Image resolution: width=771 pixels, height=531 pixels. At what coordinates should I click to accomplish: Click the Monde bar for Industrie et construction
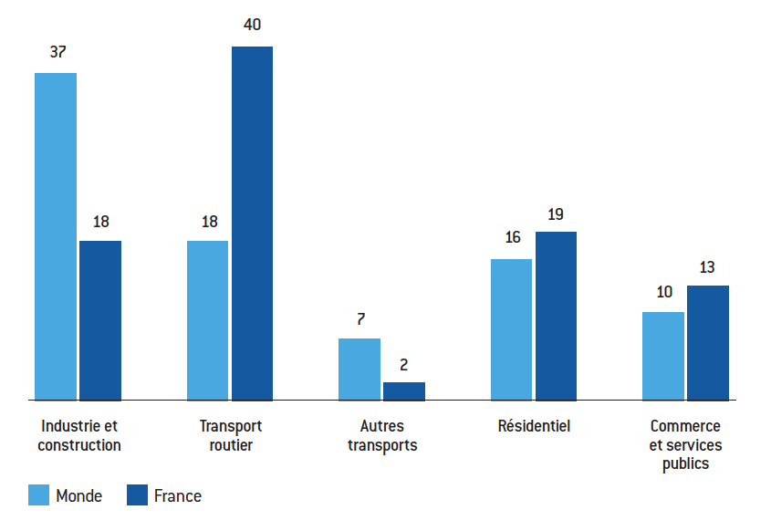(56, 236)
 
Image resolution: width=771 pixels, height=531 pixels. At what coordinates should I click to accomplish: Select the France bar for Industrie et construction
(100, 320)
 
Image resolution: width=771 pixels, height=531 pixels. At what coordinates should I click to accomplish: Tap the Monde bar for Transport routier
(207, 320)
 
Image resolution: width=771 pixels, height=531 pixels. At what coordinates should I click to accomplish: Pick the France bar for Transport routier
(252, 224)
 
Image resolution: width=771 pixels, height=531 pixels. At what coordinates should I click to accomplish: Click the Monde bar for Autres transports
(359, 370)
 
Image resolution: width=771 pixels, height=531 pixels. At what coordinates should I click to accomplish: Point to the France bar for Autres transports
(404, 391)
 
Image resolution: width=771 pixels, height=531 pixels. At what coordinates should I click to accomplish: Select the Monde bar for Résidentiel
(511, 329)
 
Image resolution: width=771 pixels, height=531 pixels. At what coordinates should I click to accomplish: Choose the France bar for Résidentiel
(556, 317)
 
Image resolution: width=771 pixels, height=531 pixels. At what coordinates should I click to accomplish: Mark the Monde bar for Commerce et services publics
(663, 356)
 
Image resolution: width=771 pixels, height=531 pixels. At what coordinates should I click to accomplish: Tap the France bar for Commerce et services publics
(708, 343)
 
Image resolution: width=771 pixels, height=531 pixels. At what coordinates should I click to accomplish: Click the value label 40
(252, 25)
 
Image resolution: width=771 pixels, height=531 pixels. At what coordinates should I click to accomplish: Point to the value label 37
(58, 52)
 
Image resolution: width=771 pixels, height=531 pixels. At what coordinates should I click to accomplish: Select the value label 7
(361, 319)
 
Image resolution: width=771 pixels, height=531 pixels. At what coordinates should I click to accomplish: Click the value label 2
(403, 365)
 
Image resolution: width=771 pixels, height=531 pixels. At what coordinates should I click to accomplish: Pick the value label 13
(707, 267)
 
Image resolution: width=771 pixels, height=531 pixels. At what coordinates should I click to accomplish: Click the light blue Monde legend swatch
(39, 495)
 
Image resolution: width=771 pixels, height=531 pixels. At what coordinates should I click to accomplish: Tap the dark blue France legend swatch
(137, 495)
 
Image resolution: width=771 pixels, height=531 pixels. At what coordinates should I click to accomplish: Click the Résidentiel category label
(534, 426)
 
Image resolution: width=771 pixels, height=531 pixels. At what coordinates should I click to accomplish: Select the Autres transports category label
(382, 435)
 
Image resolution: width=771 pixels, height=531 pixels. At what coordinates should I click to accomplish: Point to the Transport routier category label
(231, 435)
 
